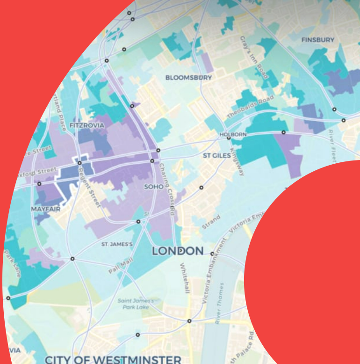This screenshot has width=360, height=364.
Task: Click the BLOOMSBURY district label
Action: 188,78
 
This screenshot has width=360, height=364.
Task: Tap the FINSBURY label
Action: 317,40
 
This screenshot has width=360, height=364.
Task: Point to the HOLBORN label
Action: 232,134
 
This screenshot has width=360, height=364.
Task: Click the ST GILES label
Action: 216,155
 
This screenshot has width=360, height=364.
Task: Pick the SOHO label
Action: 154,187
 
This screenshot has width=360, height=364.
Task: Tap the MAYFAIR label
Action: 46,209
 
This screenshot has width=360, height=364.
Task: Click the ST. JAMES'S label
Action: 117,244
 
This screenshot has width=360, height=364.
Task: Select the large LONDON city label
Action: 178,251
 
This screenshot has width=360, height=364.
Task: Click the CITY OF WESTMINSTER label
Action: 112,359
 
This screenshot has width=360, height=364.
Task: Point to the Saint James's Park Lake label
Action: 135,304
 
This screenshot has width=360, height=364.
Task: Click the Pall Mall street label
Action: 121,266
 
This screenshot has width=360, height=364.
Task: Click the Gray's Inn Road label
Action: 252,57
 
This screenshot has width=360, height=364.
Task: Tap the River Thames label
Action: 219,303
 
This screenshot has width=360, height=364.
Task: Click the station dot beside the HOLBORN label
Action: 229,138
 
